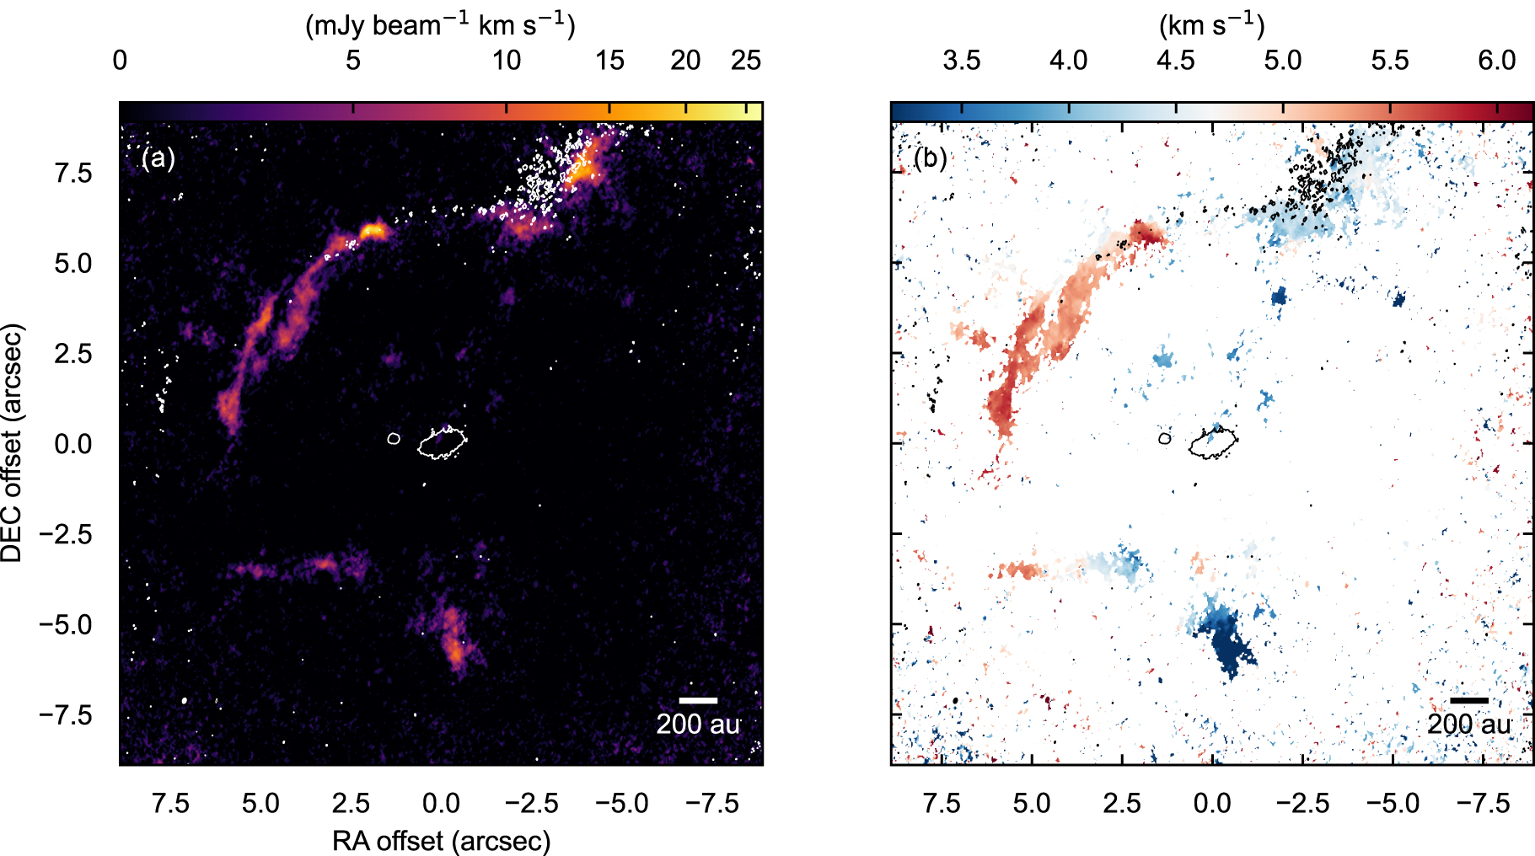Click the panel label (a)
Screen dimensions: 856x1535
point(158,158)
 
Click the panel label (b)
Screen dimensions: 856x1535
point(931,158)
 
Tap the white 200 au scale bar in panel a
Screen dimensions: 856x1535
point(698,700)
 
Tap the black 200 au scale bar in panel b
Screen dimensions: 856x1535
point(1469,700)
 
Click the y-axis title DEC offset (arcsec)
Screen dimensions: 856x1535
point(13,443)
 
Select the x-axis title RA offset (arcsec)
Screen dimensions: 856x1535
point(441,840)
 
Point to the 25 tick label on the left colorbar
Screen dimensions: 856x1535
point(746,61)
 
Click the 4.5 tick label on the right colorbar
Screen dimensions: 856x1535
point(1175,61)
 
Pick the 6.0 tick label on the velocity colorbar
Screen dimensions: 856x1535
point(1497,61)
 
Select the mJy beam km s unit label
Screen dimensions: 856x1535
point(440,25)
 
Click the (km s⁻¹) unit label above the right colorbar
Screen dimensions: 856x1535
point(1211,25)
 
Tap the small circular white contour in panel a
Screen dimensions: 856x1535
point(394,438)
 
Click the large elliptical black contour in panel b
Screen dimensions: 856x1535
point(1213,442)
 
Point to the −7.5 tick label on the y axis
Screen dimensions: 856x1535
point(66,714)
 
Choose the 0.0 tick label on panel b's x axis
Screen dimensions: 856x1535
point(1212,803)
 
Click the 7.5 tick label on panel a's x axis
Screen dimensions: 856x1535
point(170,803)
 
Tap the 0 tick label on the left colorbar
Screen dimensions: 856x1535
point(120,61)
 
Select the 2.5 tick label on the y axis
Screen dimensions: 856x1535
point(74,353)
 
